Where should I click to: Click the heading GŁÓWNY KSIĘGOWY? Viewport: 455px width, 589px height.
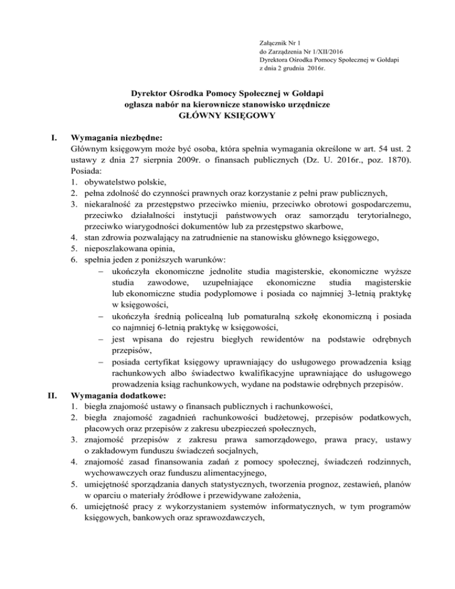point(227,116)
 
